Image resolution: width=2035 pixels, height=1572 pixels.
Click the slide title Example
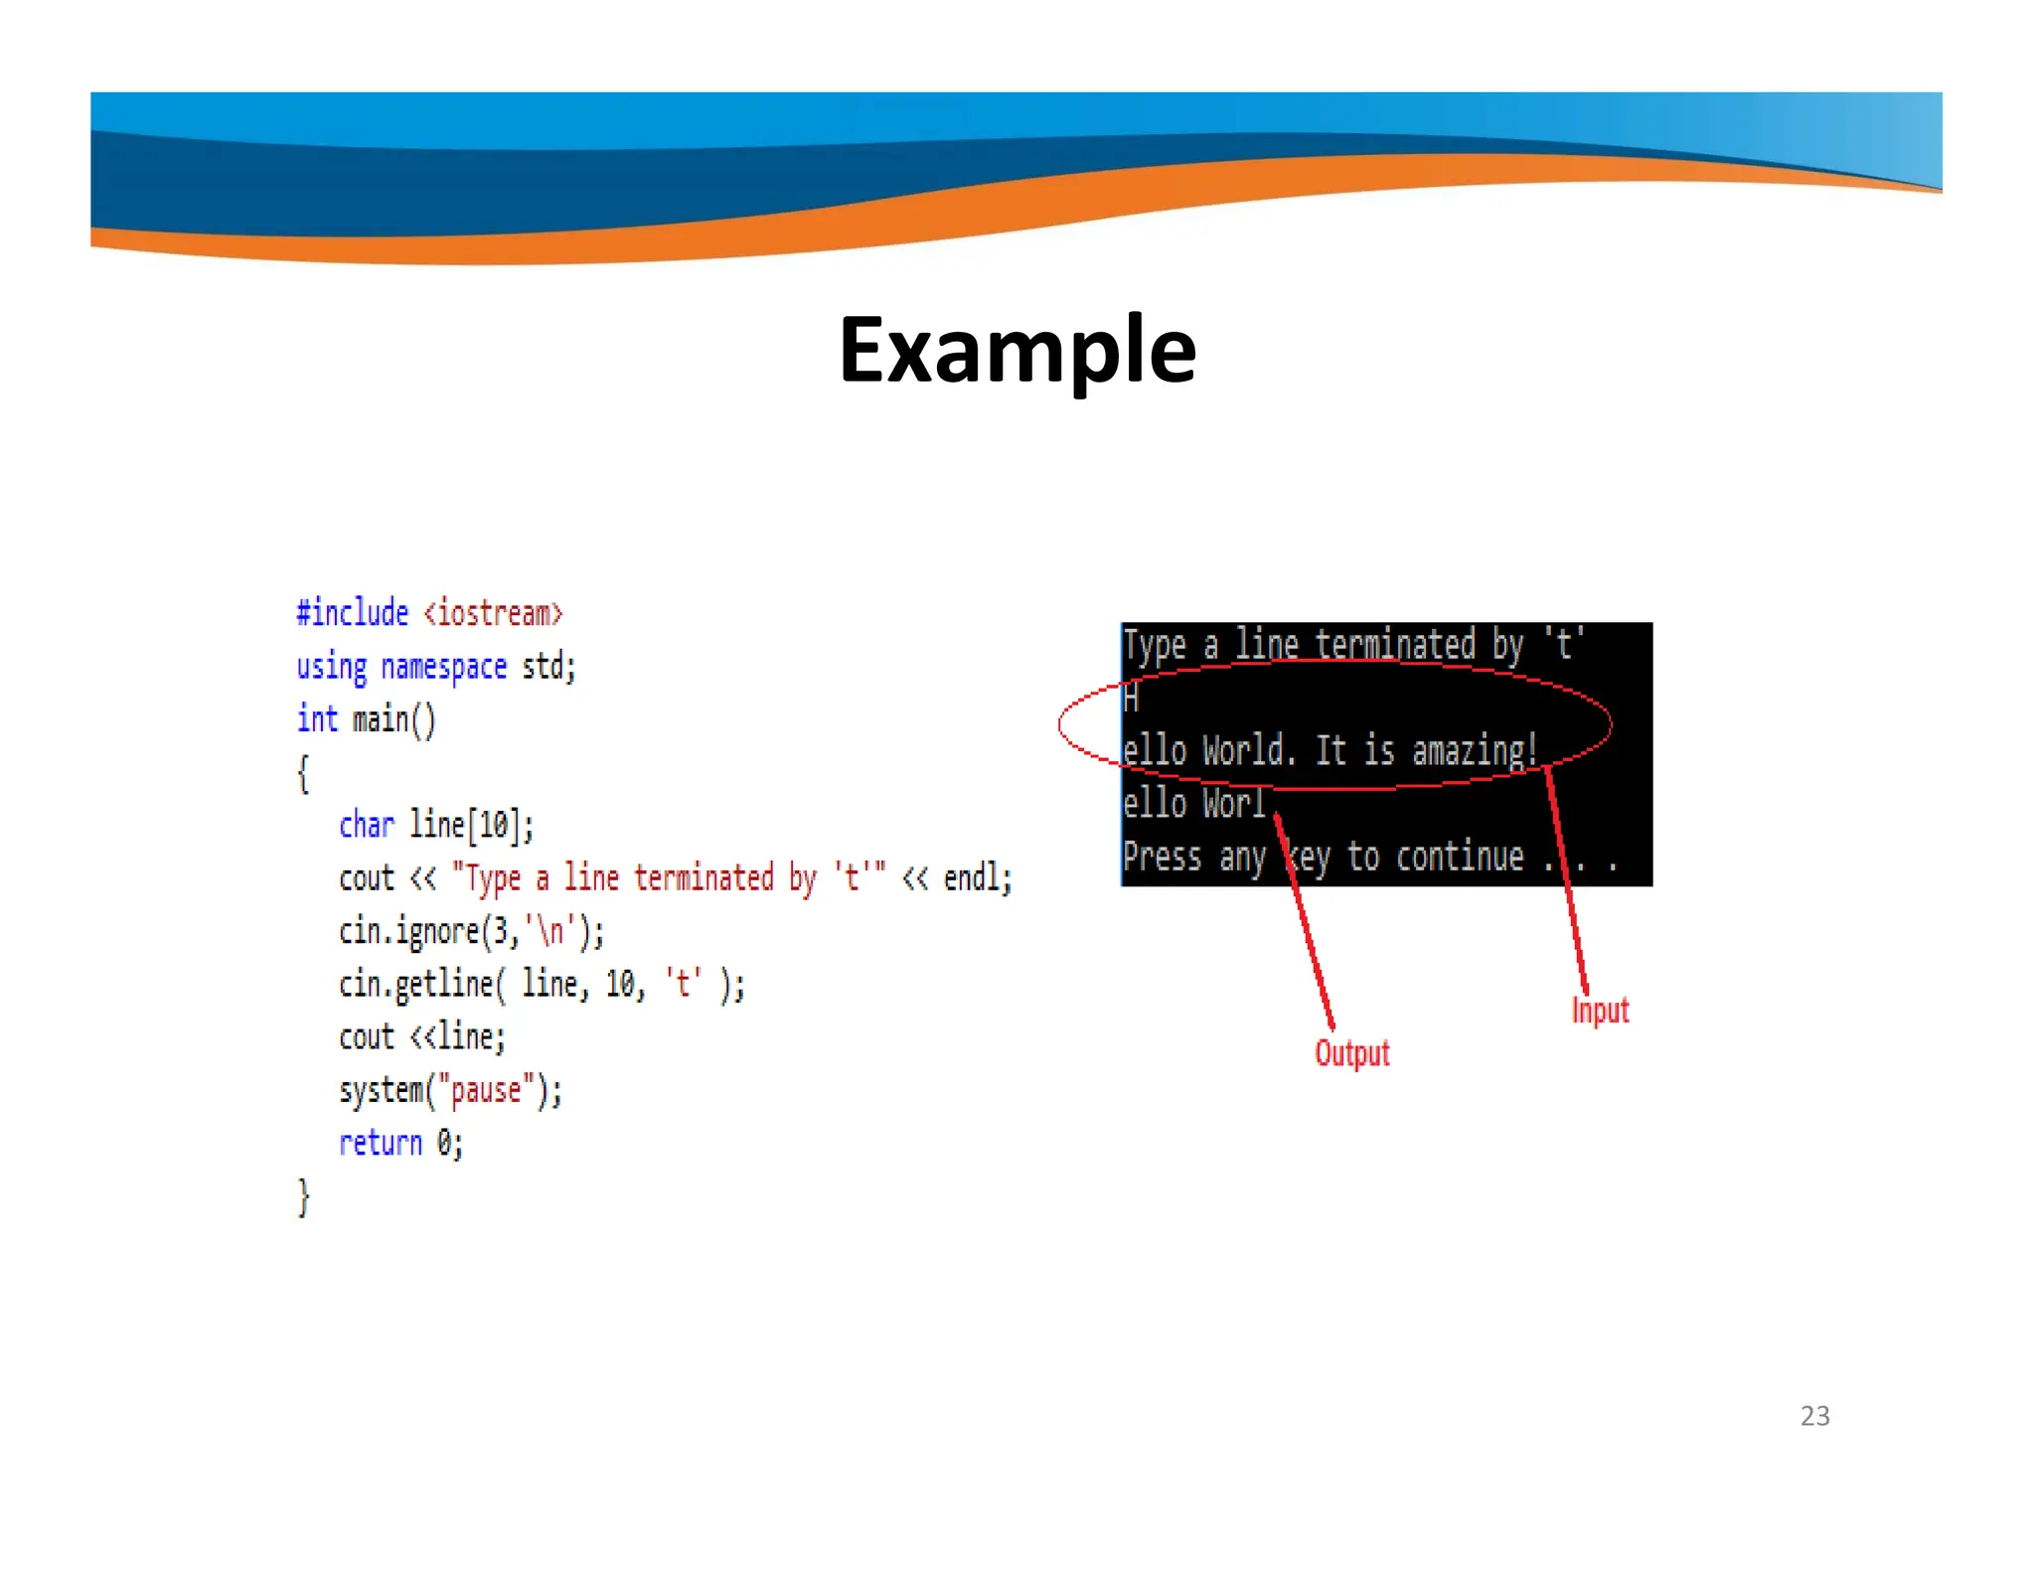click(x=1017, y=349)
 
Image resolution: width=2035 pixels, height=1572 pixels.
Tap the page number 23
click(x=1814, y=1415)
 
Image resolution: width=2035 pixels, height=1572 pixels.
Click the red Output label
click(x=1351, y=1052)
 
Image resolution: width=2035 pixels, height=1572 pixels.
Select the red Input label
click(x=1600, y=1010)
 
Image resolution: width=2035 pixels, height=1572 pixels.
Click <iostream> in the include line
click(x=493, y=613)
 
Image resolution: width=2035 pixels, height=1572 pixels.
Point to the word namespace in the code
click(x=444, y=667)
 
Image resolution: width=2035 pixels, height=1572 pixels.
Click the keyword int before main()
click(x=317, y=718)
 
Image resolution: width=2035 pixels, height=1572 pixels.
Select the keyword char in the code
click(x=366, y=825)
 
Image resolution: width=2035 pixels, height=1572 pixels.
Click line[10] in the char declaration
click(x=471, y=825)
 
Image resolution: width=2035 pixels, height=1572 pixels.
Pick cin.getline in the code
click(x=415, y=984)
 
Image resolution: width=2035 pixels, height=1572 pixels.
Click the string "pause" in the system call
click(x=486, y=1090)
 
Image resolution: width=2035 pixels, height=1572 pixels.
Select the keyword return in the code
click(x=380, y=1143)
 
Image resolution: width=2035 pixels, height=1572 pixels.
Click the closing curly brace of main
click(x=304, y=1196)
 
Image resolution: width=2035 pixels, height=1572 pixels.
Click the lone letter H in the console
click(x=1131, y=699)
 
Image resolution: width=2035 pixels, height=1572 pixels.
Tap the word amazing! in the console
click(x=1475, y=750)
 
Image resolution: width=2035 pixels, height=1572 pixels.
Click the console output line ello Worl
click(x=1193, y=803)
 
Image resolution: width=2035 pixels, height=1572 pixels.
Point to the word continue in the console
click(x=1459, y=857)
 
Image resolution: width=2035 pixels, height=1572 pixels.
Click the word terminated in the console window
click(x=1395, y=645)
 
